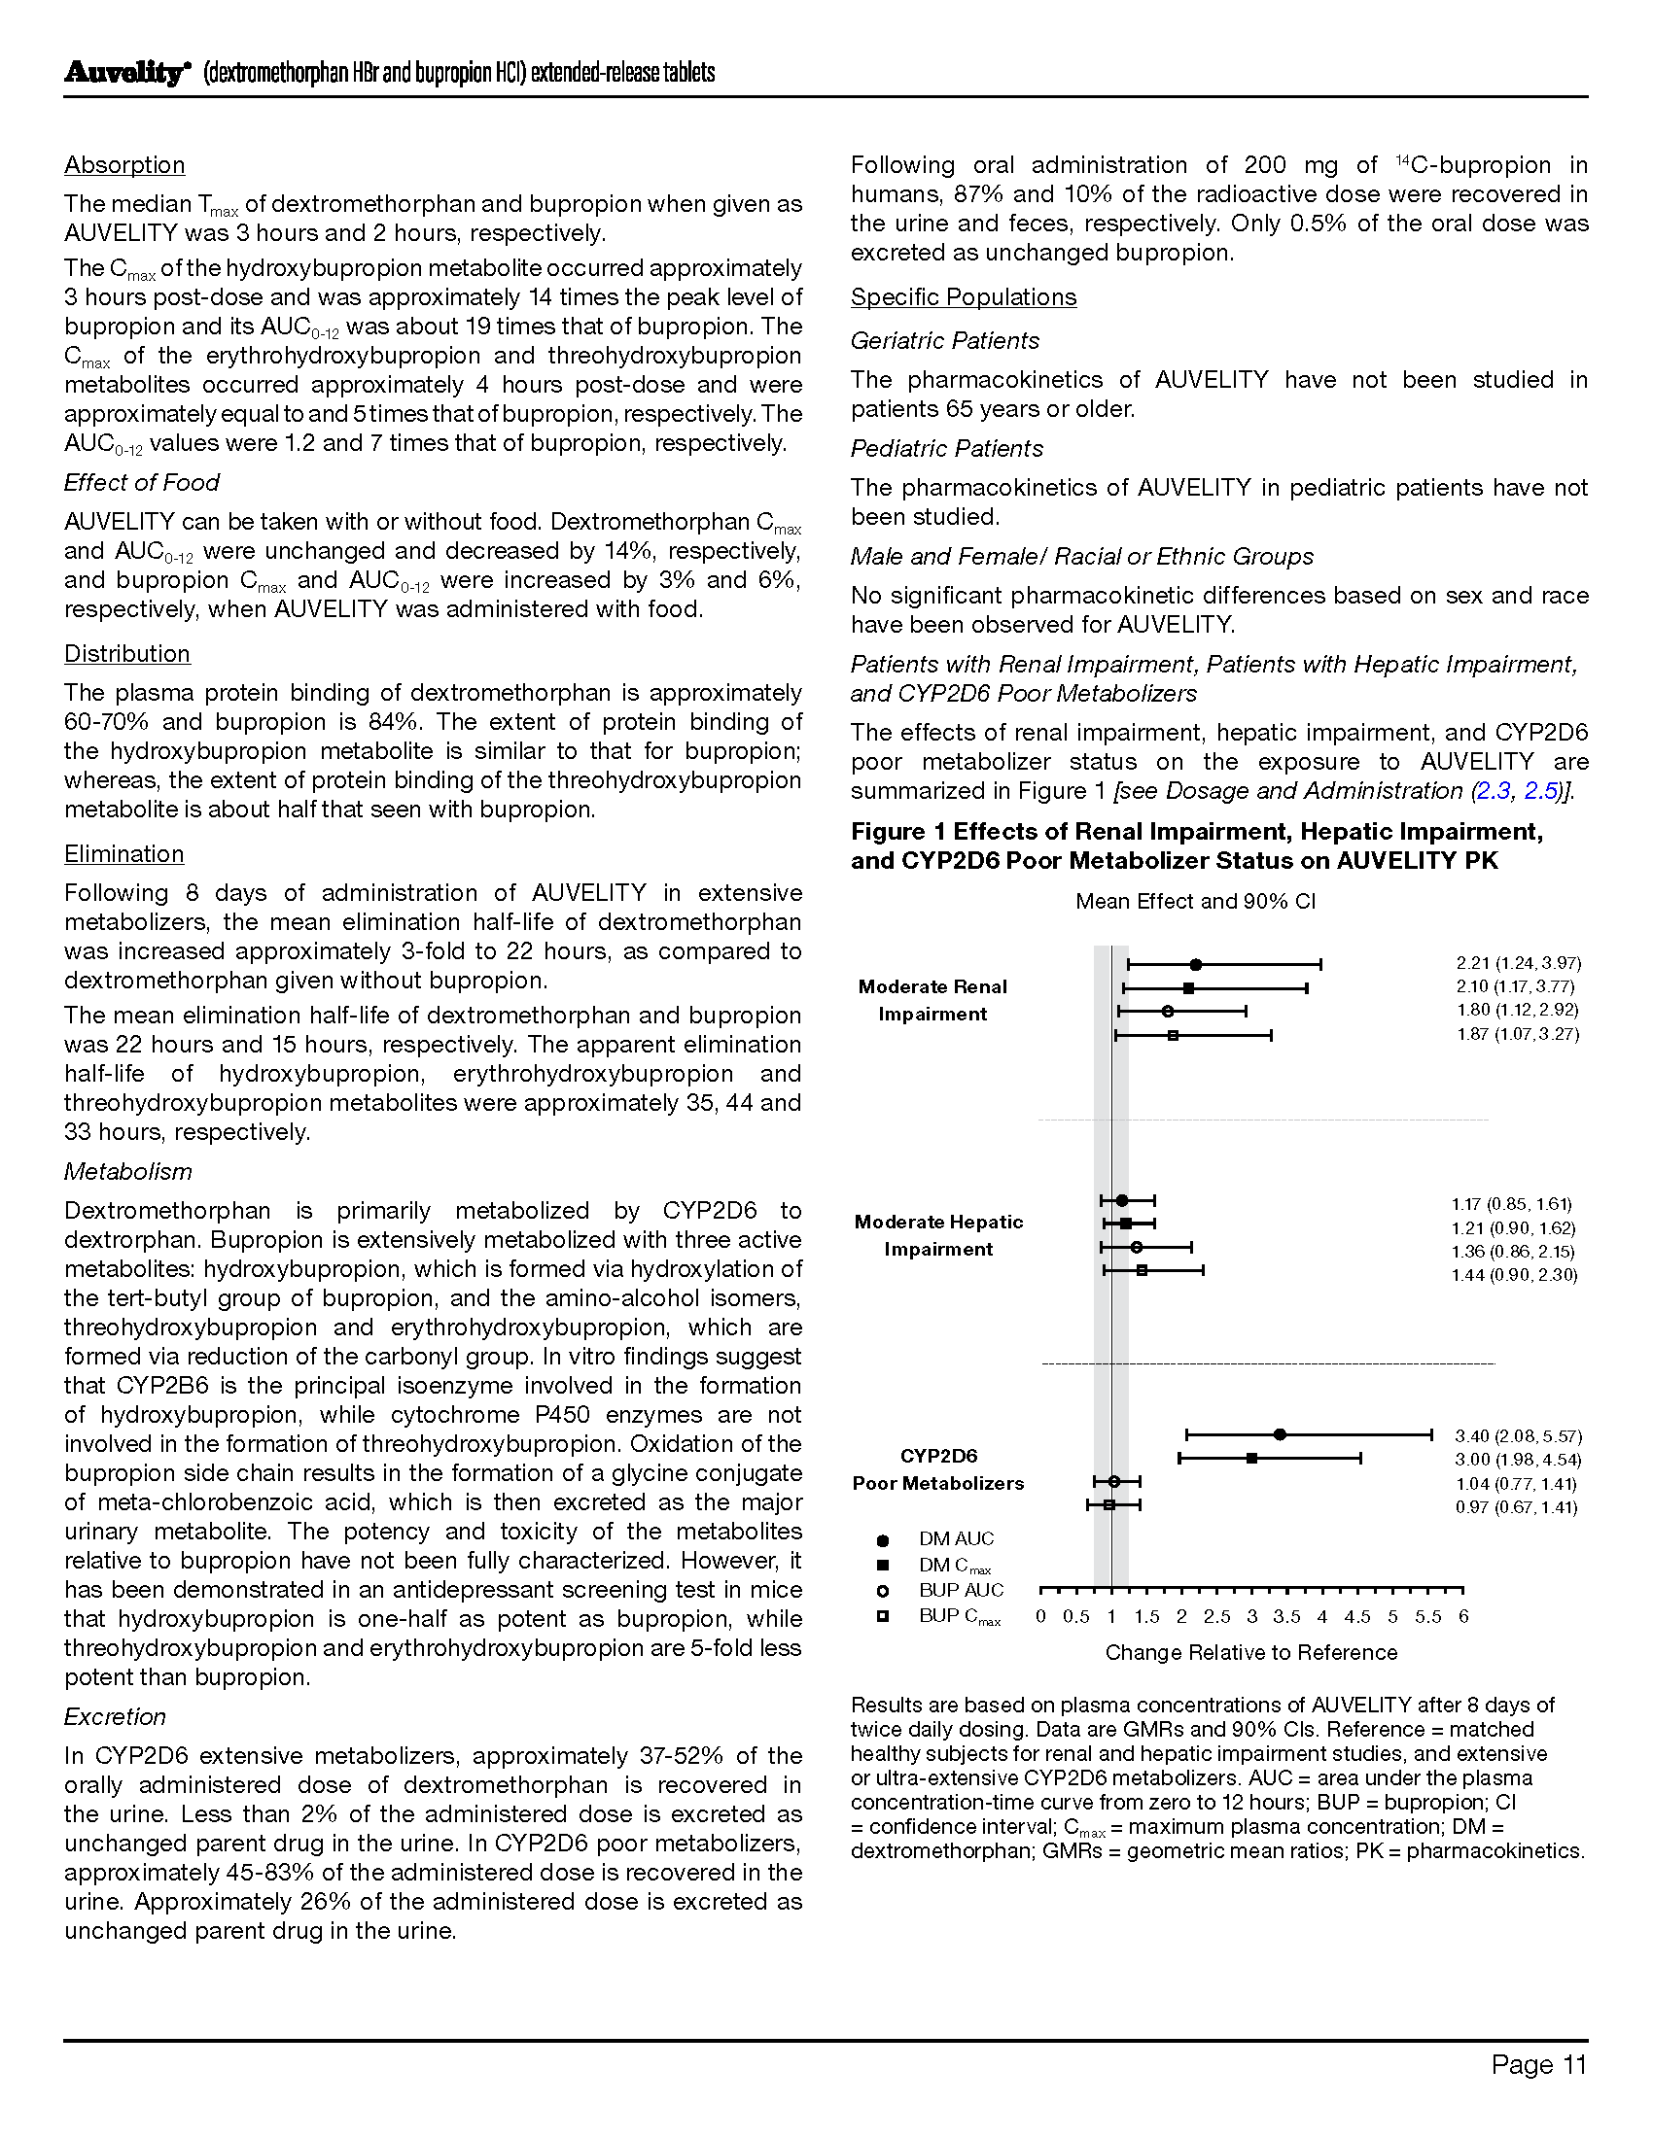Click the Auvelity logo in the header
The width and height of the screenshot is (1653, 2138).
tap(125, 74)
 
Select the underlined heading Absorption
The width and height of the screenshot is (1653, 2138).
tap(124, 165)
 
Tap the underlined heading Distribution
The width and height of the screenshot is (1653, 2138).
tap(127, 654)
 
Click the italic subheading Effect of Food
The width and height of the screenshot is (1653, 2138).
tap(141, 483)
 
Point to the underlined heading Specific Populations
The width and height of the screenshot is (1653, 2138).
tap(963, 297)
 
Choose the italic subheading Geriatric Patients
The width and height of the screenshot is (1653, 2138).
tap(944, 341)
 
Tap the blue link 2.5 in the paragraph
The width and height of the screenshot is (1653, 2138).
tap(1541, 791)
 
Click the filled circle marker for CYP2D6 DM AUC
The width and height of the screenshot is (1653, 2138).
tap(1280, 1434)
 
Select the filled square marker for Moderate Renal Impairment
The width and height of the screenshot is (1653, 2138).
tap(1188, 988)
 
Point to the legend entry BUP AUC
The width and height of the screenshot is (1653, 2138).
tap(960, 1591)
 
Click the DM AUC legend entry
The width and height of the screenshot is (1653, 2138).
tap(955, 1539)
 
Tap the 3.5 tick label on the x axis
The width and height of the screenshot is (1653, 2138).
tap(1286, 1617)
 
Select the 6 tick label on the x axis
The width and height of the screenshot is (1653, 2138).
tap(1463, 1617)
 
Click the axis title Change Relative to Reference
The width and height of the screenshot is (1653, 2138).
tap(1250, 1653)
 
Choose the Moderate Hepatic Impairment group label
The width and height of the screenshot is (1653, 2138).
tap(938, 1235)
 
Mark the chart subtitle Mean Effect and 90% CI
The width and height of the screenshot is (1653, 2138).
tap(1195, 902)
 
